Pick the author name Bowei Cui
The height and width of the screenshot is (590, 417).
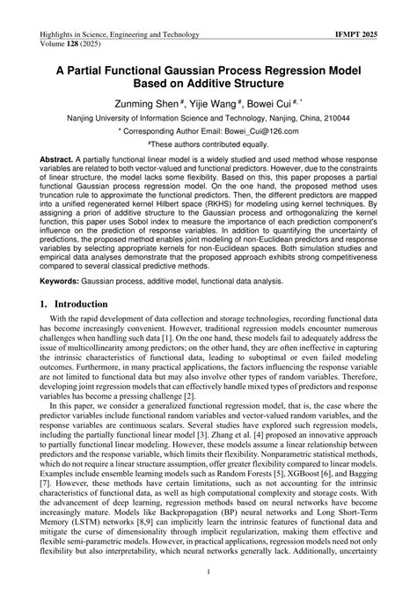click(x=275, y=102)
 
